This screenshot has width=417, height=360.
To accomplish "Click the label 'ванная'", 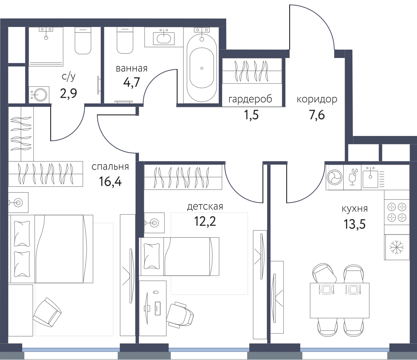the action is (x=132, y=69).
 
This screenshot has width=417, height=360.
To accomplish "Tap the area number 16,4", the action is (x=110, y=182).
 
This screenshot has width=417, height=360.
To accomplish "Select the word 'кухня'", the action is (x=355, y=209).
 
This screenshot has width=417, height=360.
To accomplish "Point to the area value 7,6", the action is (x=317, y=115).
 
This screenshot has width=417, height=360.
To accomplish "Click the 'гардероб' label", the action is (x=250, y=99).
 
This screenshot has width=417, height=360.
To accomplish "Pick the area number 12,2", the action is (x=205, y=221).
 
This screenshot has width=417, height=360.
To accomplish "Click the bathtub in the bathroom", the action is (x=202, y=68).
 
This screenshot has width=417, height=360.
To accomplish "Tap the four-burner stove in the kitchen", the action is (x=397, y=212).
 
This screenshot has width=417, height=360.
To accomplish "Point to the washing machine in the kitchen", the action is (x=335, y=177).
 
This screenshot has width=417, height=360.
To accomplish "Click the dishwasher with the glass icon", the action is (x=352, y=177).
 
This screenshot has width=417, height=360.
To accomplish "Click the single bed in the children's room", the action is (x=179, y=256).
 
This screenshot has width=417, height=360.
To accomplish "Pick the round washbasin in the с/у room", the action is (x=39, y=95).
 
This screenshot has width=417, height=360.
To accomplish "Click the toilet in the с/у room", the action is (x=83, y=41).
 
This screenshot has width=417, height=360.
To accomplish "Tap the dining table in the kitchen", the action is (x=340, y=300).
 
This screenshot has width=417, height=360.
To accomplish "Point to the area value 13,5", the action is (x=355, y=224).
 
